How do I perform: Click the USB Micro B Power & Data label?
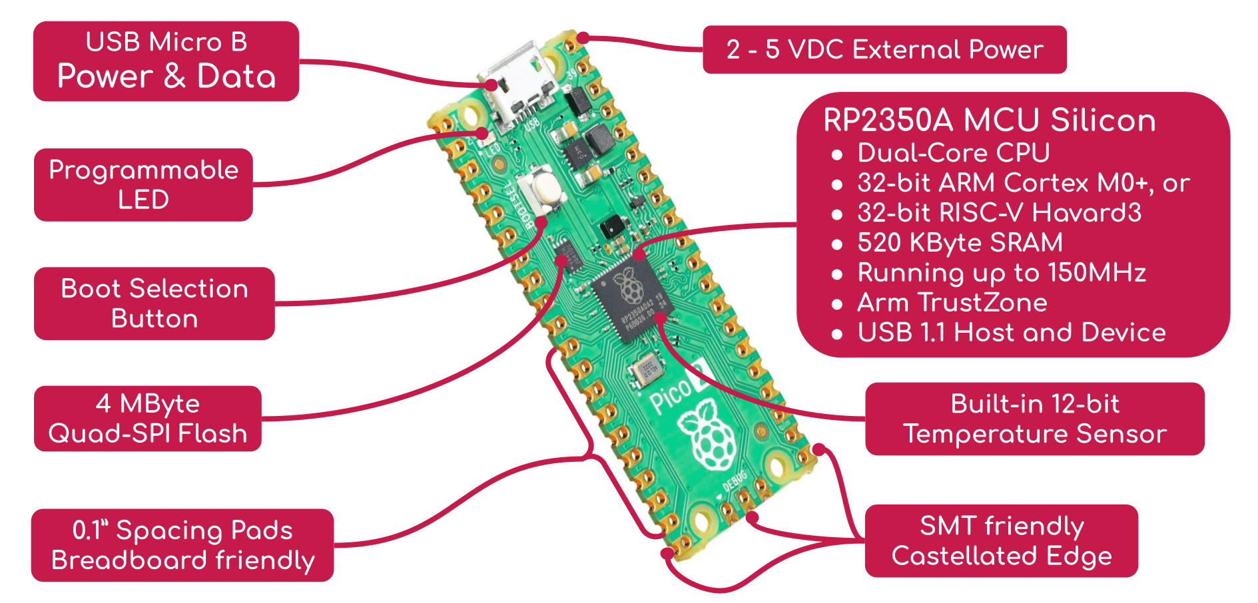coord(166,61)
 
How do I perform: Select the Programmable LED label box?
coord(143,184)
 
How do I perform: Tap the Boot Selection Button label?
coord(154,303)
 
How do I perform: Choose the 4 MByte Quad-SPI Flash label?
coord(147,419)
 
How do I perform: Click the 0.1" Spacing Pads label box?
coord(182,545)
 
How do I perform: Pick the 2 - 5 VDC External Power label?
coord(884,50)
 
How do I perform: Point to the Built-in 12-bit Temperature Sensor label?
coord(1034,419)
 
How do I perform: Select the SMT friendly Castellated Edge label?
coord(1001,540)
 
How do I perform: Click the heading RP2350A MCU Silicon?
coord(989,120)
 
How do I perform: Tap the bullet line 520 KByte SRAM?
coord(960,243)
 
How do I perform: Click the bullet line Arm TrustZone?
coord(952,303)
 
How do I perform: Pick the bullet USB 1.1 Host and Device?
coord(1011,333)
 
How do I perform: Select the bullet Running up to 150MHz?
coord(1001,273)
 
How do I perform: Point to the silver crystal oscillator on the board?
coord(646,369)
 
